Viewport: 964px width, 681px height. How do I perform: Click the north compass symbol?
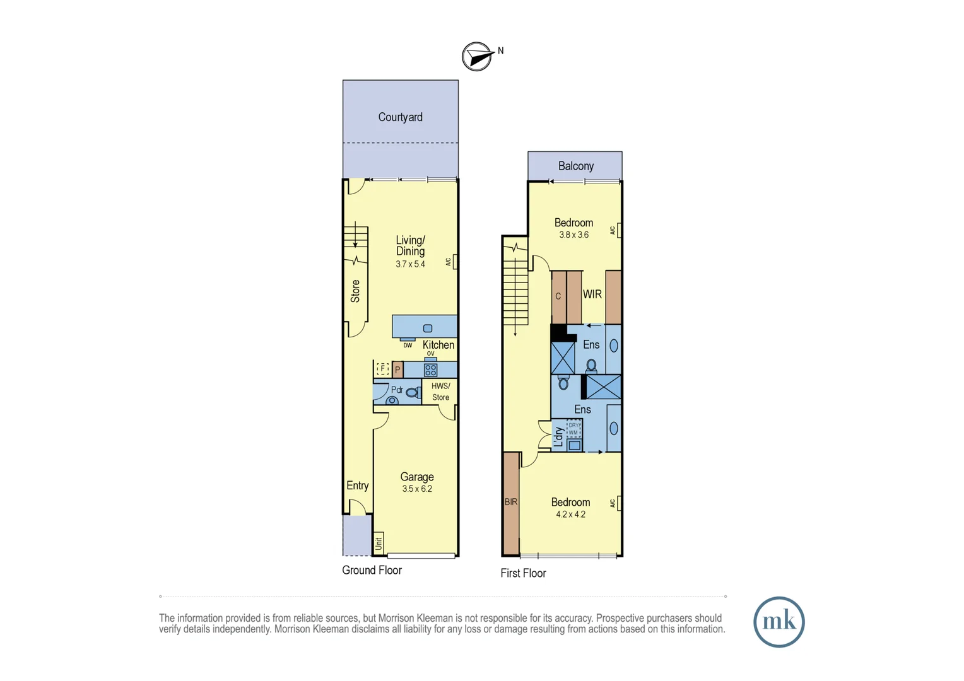[x=477, y=57]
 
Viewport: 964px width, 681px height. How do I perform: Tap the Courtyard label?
[x=400, y=117]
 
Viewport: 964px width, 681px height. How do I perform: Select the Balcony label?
[x=575, y=166]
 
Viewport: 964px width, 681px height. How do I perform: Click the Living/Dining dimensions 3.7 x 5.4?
[x=410, y=264]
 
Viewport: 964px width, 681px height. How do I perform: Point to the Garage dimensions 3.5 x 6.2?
[x=417, y=489]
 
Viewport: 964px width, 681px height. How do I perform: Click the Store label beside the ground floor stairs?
[x=355, y=291]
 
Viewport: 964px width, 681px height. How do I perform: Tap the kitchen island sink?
[x=428, y=328]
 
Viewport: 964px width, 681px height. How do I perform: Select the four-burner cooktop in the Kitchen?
[x=431, y=370]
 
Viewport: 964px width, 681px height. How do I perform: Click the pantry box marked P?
[x=397, y=370]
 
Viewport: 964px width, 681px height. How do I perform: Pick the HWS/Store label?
[x=440, y=392]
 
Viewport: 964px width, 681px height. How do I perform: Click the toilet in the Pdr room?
[x=413, y=393]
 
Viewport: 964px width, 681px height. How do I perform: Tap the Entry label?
[x=357, y=486]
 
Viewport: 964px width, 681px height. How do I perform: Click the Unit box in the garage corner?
[x=379, y=543]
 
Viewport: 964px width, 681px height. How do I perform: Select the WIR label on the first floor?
[x=592, y=294]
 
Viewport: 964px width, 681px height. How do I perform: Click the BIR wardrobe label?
[x=511, y=502]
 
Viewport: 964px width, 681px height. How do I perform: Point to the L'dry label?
[x=558, y=436]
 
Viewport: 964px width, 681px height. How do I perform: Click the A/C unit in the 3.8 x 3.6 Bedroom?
[x=619, y=230]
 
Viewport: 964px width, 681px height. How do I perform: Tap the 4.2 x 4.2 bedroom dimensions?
[x=570, y=515]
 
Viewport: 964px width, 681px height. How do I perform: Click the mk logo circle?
[x=779, y=622]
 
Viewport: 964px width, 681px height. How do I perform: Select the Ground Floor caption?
[x=372, y=570]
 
